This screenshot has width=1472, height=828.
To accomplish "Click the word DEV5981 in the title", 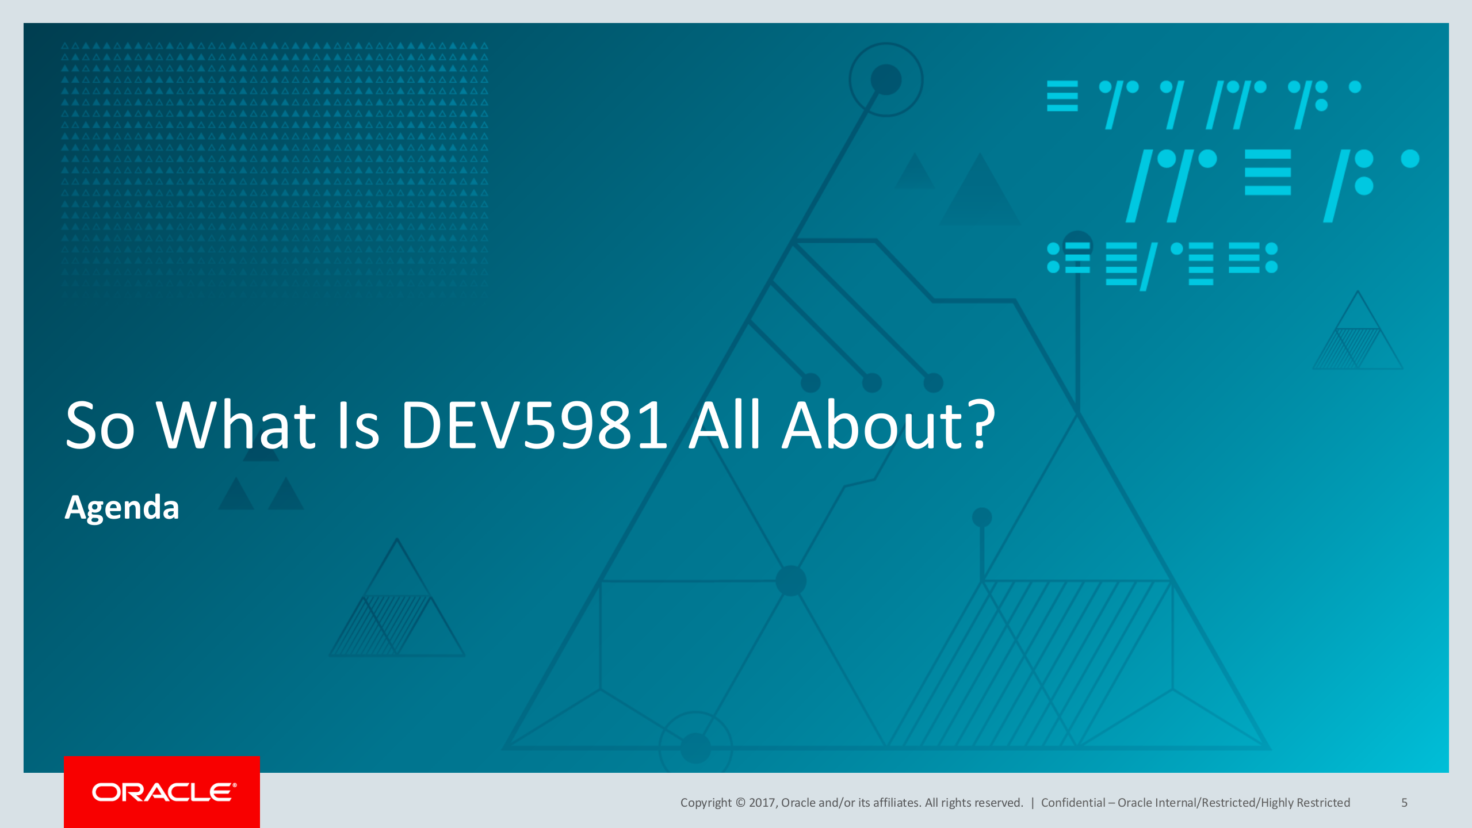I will [x=533, y=425].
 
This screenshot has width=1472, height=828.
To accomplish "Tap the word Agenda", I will [x=122, y=508].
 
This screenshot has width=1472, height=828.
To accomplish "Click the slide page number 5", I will [x=1404, y=803].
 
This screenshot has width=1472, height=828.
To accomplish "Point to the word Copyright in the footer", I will [x=706, y=803].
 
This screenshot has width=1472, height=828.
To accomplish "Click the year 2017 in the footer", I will [x=762, y=803].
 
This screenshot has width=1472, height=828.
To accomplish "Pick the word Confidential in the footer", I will [x=1073, y=803].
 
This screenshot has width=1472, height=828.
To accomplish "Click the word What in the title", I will [x=236, y=425].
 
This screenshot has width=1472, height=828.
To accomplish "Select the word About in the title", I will [x=872, y=425].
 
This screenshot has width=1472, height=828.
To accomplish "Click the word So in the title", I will [x=100, y=425].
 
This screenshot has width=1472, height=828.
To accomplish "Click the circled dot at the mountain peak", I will [x=886, y=79].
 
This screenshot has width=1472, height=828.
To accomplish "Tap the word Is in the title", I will [x=358, y=425].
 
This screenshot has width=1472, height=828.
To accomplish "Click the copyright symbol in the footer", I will [x=740, y=803].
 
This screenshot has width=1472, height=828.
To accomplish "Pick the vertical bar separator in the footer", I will [x=1033, y=803].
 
